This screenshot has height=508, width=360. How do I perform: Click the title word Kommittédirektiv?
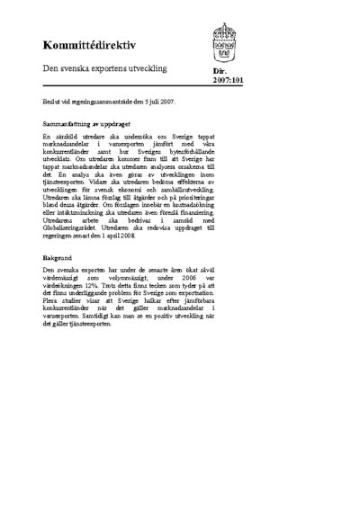[x=88, y=45]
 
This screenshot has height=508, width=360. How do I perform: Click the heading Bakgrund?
[x=58, y=257]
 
